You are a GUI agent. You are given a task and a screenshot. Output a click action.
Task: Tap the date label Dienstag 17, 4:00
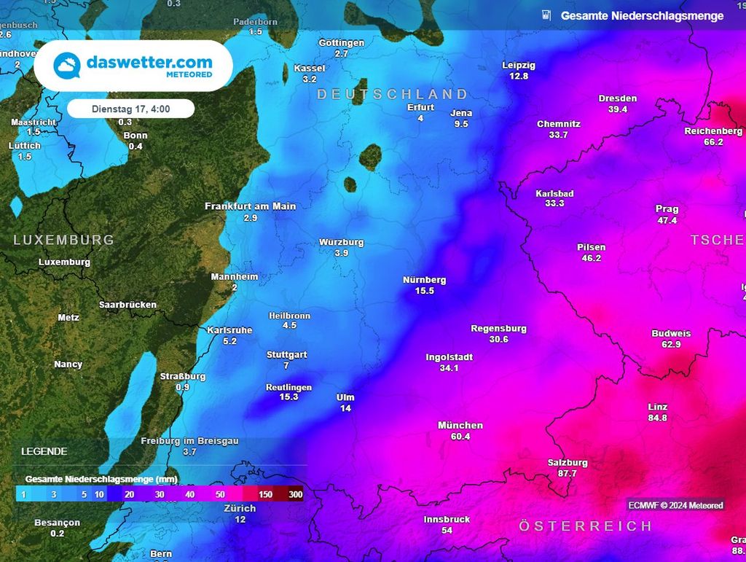coord(130,109)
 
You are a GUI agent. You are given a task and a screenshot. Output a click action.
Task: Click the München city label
coord(460,425)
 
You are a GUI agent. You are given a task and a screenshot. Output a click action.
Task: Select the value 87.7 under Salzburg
coord(567,474)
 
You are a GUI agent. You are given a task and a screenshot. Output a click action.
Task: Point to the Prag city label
coord(667,209)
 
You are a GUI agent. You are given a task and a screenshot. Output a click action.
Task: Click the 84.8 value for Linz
coord(657,418)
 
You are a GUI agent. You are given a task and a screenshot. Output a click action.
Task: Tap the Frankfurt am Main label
coord(250,206)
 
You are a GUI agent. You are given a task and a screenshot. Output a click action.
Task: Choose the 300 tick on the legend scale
coord(295,495)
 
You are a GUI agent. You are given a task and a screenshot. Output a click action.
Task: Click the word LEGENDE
coord(44,451)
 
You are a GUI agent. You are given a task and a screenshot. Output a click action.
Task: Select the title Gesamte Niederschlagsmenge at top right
coord(642,15)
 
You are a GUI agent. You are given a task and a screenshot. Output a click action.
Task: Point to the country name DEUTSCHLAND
coord(392,94)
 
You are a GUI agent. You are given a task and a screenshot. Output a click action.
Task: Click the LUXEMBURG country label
coord(63,240)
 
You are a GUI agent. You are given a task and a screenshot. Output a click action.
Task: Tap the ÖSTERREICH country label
coord(585,526)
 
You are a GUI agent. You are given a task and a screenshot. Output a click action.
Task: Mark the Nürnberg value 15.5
coord(424,291)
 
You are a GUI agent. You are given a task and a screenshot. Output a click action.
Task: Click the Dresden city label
coord(617,98)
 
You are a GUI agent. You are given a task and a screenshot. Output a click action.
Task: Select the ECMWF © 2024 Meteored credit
coord(676,505)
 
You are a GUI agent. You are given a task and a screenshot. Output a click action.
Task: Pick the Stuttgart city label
coord(286,355)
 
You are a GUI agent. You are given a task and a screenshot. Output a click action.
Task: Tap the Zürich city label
coord(240,508)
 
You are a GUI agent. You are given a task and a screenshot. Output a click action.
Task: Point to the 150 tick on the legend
coord(265,495)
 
